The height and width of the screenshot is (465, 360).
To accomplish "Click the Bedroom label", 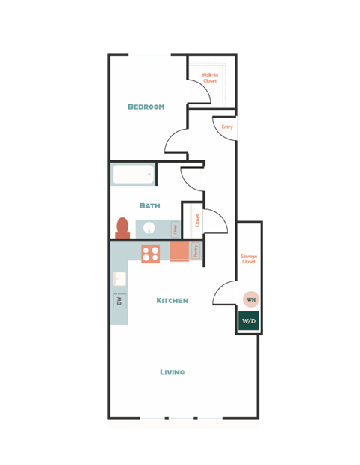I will (x=145, y=106).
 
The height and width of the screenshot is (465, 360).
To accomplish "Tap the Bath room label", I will (x=149, y=205).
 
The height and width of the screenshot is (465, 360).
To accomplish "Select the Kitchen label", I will (x=172, y=301).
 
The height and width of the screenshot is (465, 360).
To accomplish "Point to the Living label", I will (x=172, y=372).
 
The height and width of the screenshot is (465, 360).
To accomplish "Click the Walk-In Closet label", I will (x=210, y=78).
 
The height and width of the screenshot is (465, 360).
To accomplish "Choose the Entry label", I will (x=227, y=127).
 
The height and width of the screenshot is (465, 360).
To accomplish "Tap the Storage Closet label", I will (x=248, y=259).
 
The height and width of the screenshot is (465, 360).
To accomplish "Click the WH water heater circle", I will (x=250, y=299).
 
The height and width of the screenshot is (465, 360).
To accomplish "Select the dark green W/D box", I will (x=249, y=321).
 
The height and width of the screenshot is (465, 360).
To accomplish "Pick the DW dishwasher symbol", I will (x=118, y=301).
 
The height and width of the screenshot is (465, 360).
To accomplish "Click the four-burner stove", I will (x=151, y=253).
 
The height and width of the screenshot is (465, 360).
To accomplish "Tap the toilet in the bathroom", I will (x=122, y=226).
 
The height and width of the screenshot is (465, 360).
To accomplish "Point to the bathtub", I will (x=133, y=175).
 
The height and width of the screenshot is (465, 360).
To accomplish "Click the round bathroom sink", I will (x=149, y=229).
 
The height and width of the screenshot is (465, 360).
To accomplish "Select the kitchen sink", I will (x=118, y=279).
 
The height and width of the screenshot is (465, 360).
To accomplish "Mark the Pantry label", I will (x=196, y=250).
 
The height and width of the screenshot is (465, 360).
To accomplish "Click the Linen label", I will (x=175, y=228).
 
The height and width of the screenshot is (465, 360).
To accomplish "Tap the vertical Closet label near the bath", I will (x=197, y=220).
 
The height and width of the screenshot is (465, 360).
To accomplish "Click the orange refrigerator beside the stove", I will (x=178, y=251).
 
